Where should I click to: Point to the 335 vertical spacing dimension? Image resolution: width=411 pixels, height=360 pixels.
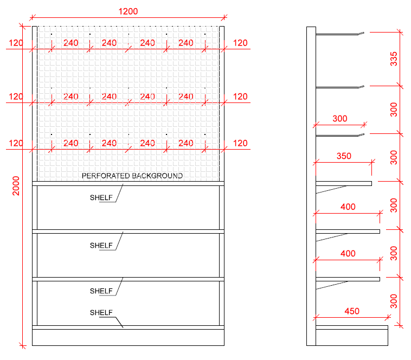click(x=394, y=59)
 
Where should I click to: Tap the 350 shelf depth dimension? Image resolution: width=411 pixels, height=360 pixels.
click(x=344, y=156)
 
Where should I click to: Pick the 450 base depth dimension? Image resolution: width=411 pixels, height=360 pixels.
click(x=351, y=311)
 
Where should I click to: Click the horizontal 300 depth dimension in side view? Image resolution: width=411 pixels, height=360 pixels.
click(x=339, y=119)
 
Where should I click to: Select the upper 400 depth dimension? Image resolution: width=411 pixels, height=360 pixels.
click(x=348, y=207)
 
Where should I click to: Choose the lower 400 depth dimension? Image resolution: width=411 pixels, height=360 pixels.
click(x=348, y=254)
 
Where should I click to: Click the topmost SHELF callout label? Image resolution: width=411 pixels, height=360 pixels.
click(x=101, y=198)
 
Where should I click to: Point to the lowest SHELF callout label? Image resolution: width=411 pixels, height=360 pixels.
click(x=101, y=313)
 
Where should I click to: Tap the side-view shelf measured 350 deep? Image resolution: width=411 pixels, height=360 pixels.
click(x=344, y=184)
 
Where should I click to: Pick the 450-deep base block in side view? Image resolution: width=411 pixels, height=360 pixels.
click(x=352, y=336)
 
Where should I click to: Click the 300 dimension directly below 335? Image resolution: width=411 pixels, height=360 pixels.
click(x=394, y=109)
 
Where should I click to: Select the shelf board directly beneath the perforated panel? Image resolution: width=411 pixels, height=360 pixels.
click(x=128, y=184)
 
